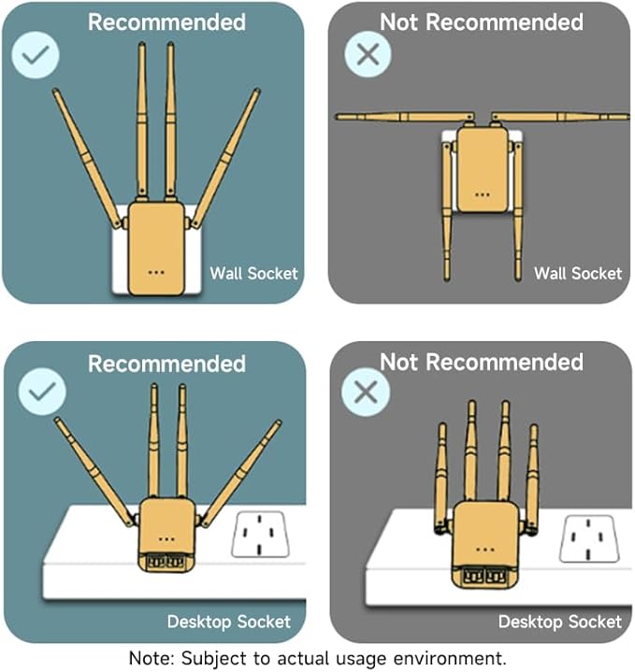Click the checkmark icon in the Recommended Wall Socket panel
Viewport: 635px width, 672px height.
(x=36, y=54)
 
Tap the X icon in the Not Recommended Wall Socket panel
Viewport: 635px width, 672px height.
(x=368, y=53)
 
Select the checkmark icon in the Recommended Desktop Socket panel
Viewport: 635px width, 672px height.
(x=40, y=392)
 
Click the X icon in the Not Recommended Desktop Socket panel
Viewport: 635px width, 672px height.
(x=366, y=393)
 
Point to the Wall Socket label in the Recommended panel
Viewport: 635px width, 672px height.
(x=253, y=274)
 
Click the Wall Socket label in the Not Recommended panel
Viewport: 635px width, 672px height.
(x=577, y=274)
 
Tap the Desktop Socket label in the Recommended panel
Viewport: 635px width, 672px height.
(x=228, y=622)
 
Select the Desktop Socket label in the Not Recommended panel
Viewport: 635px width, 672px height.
(x=559, y=622)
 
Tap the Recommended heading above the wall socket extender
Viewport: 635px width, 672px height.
(x=166, y=21)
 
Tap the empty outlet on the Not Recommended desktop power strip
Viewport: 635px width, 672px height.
(x=588, y=538)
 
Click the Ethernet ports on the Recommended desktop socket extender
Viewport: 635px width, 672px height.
(x=166, y=562)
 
